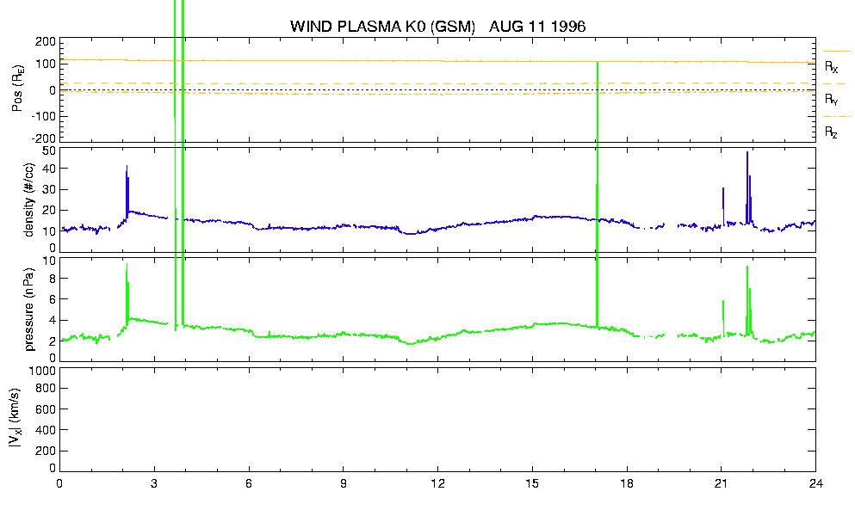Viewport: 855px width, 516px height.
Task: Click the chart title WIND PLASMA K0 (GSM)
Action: (383, 26)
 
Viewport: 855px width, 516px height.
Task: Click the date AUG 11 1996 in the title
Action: (537, 26)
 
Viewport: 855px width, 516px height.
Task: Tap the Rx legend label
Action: (831, 66)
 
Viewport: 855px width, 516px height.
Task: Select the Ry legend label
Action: (831, 99)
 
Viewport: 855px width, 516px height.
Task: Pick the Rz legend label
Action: (831, 132)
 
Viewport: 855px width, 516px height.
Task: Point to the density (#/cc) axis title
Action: (29, 200)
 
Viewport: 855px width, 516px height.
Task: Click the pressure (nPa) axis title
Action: (29, 309)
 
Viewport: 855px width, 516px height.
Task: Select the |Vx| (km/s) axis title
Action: (15, 419)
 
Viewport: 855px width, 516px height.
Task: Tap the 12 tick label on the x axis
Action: (438, 483)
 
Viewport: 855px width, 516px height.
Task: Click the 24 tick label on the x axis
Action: (815, 483)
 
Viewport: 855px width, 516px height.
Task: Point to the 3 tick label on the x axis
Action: (154, 483)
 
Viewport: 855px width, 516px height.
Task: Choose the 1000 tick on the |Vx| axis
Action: (43, 371)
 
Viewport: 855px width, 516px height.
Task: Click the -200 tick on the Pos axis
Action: (44, 138)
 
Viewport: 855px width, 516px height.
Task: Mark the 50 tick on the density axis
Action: (49, 150)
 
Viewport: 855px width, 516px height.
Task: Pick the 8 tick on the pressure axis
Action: (53, 278)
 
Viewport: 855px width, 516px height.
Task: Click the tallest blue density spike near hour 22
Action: (747, 185)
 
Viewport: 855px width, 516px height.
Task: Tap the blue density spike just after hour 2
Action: (127, 191)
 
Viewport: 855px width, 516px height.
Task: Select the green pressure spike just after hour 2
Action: (127, 294)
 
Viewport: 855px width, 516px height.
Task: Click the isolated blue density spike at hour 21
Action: (723, 206)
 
